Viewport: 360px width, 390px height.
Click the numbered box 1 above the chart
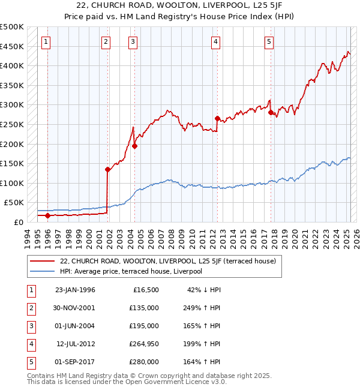(46, 41)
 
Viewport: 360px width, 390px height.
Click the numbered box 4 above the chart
(215, 41)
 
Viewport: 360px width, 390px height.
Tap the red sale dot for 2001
(107, 169)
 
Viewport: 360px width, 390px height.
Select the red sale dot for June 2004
(134, 146)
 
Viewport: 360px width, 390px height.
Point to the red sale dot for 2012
(217, 118)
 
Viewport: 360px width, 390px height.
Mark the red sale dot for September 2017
(271, 112)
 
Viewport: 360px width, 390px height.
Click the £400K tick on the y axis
(13, 66)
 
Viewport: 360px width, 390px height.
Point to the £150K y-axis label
(13, 164)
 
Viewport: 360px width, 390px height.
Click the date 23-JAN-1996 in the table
(75, 290)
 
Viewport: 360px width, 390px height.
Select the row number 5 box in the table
(31, 362)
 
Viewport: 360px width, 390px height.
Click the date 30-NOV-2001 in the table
(75, 308)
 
